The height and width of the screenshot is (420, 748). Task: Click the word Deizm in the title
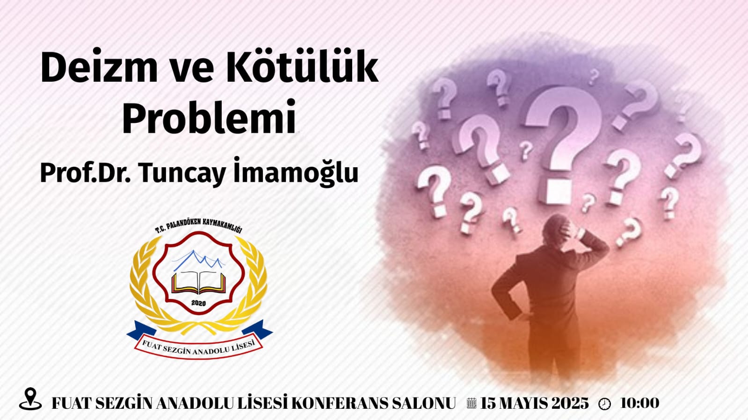click(99, 66)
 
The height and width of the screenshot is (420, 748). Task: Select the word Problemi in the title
click(209, 117)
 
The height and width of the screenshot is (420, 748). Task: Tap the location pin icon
click(30, 399)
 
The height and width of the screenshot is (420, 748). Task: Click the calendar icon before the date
click(471, 403)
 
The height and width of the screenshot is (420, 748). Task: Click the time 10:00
click(640, 403)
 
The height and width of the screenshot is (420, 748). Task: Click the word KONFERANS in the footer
click(340, 403)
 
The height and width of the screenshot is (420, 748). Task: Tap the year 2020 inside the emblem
click(199, 303)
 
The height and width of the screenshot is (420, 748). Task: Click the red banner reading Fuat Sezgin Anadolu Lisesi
click(199, 346)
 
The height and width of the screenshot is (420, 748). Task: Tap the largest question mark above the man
click(564, 143)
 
